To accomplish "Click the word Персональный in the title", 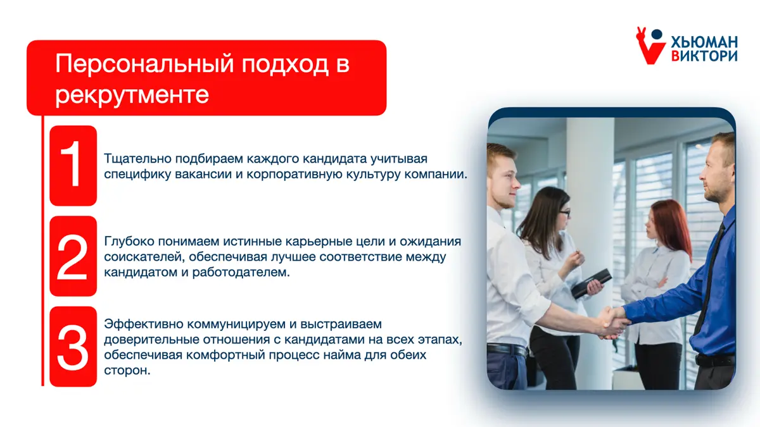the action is pyautogui.click(x=144, y=64).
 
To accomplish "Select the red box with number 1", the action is pyautogui.click(x=73, y=166).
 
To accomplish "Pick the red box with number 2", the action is pyautogui.click(x=73, y=256).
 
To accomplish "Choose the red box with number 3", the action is pyautogui.click(x=73, y=347).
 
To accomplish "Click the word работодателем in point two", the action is pyautogui.click(x=241, y=272).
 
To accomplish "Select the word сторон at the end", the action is pyautogui.click(x=127, y=371).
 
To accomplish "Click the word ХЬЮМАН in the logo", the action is pyautogui.click(x=704, y=42).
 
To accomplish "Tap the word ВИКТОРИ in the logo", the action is pyautogui.click(x=704, y=56).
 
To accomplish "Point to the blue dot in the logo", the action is pyautogui.click(x=657, y=34).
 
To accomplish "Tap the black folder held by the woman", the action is pyautogui.click(x=591, y=283).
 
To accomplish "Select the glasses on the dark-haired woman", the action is pyautogui.click(x=564, y=213).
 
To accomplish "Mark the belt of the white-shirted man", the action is pyautogui.click(x=507, y=350).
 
